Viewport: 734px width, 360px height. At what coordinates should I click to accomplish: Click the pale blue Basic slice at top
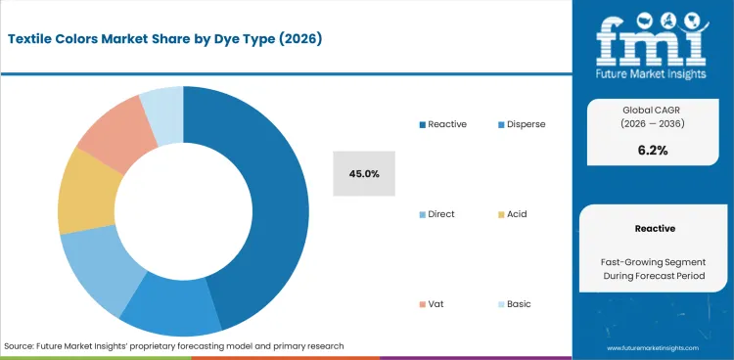coord(161,107)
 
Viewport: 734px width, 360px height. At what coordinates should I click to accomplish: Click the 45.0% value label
coord(364,173)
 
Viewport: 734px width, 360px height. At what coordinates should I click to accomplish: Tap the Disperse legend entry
coord(521,124)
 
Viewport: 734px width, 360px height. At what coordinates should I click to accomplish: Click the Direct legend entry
coord(436,213)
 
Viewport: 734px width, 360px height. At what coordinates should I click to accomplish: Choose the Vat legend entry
coord(433,303)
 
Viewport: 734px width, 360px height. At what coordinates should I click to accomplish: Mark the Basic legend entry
coord(515,303)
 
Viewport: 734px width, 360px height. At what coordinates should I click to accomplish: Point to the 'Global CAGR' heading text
coord(654,109)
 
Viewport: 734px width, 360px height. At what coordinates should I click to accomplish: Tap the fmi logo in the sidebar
coord(654,43)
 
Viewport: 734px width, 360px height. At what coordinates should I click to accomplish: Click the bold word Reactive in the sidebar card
coord(654,228)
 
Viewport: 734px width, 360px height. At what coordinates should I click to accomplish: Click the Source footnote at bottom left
coord(174,346)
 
